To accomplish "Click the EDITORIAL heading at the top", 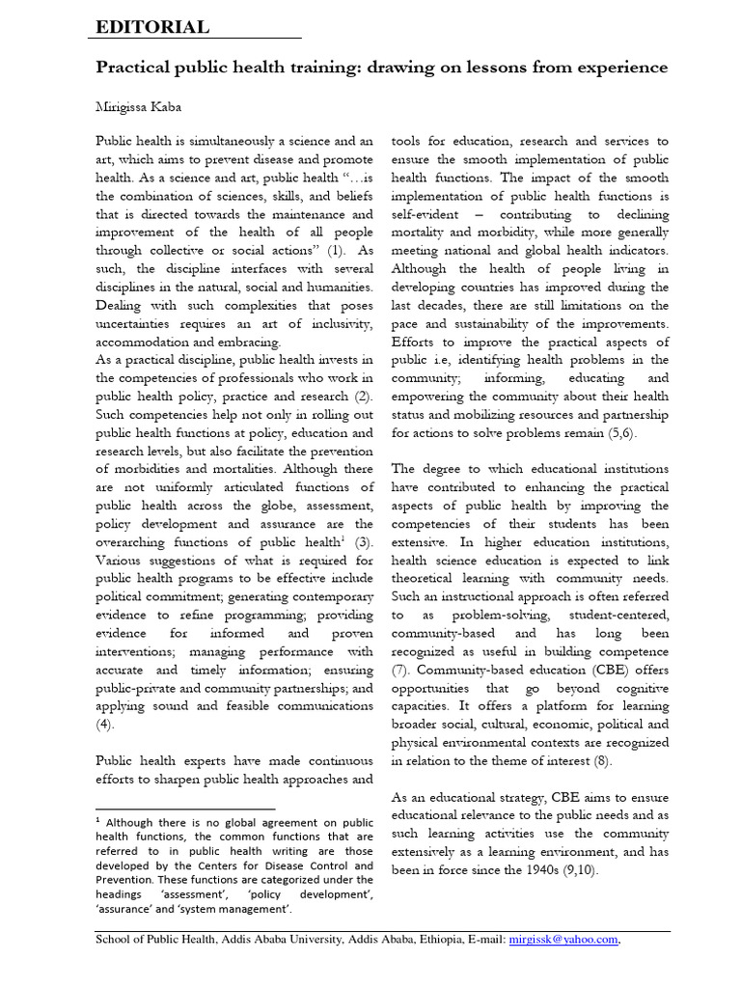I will (151, 27).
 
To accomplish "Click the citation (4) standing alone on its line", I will (104, 724).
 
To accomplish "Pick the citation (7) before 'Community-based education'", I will (400, 669).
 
